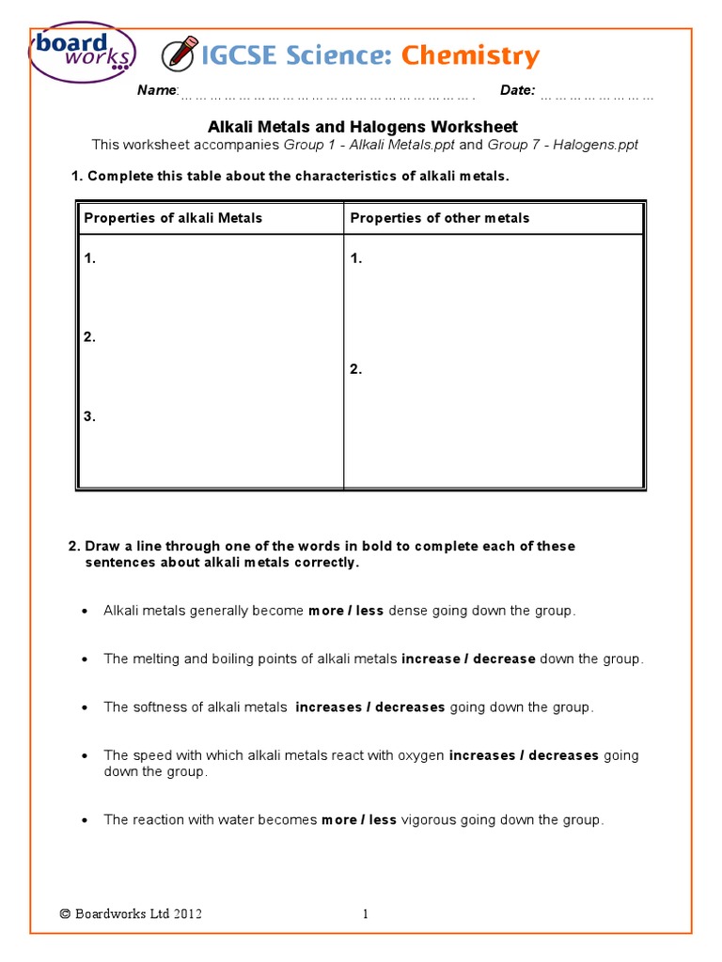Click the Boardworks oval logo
click(x=83, y=53)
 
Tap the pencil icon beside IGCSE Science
click(x=179, y=54)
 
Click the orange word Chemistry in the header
click(x=470, y=55)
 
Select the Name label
click(x=157, y=90)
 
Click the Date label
click(x=517, y=90)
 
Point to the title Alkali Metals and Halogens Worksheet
click(x=362, y=127)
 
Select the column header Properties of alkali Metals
click(x=173, y=218)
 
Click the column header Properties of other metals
click(x=439, y=218)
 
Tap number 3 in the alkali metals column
click(x=89, y=416)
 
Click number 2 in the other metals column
click(x=355, y=369)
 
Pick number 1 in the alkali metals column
click(x=89, y=258)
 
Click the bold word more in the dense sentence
click(x=325, y=611)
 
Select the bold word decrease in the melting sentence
click(x=504, y=659)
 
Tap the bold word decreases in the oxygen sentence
click(x=563, y=755)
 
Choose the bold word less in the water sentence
click(x=383, y=820)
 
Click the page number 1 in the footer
click(x=366, y=913)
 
